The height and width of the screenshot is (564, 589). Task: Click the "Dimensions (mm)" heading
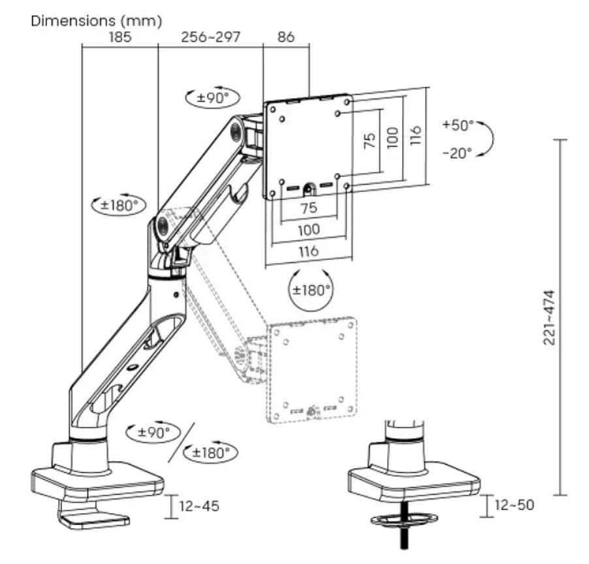[x=96, y=21]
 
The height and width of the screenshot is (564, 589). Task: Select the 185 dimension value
[x=119, y=37]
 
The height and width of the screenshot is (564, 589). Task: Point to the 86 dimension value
[x=285, y=37]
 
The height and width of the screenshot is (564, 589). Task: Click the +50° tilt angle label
[x=458, y=125]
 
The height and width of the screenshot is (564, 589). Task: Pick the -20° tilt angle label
[x=458, y=154]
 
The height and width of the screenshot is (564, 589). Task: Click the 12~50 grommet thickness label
[x=514, y=505]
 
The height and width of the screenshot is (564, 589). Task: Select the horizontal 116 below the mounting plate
[x=308, y=251]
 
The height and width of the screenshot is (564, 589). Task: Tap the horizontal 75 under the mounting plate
[x=308, y=208]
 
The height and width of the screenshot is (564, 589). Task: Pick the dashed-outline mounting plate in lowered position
[x=315, y=369]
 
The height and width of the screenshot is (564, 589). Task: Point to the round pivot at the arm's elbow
[x=161, y=226]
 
